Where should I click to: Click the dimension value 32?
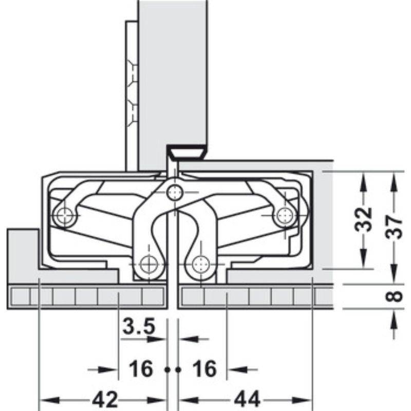pyautogui.click(x=364, y=220)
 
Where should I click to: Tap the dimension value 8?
pyautogui.click(x=394, y=296)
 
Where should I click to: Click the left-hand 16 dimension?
pyautogui.click(x=140, y=368)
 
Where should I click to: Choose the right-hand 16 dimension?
pyautogui.click(x=204, y=368)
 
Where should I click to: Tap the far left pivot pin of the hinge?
pyautogui.click(x=64, y=216)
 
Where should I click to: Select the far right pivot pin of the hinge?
pyautogui.click(x=282, y=215)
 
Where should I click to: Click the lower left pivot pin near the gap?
pyautogui.click(x=149, y=264)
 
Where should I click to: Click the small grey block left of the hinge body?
pyautogui.click(x=22, y=252)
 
